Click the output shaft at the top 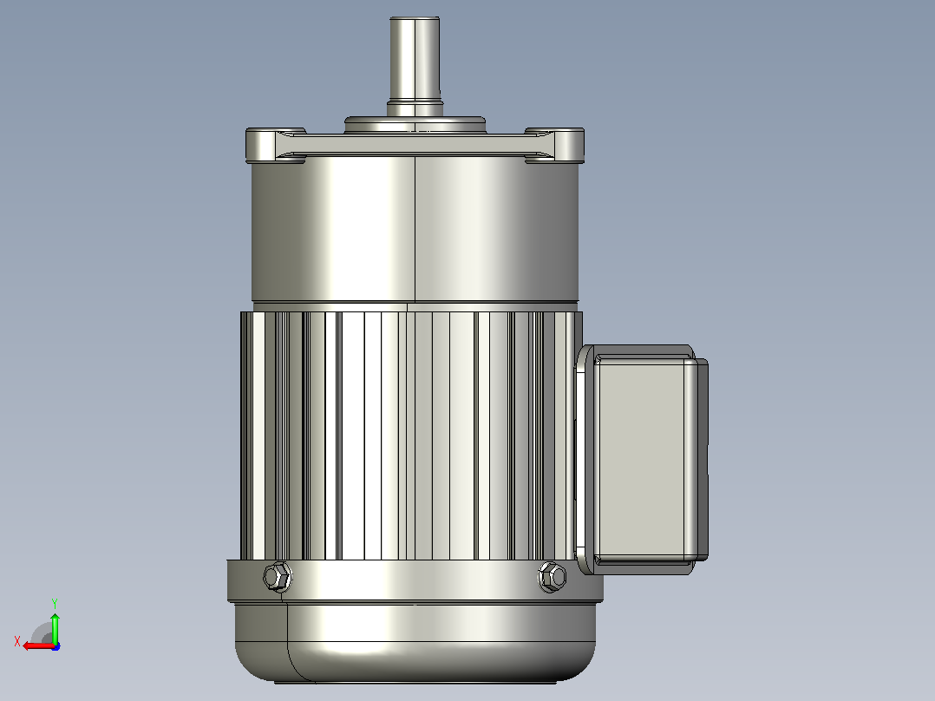tap(415, 60)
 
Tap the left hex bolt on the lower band tap(278, 577)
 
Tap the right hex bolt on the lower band tap(552, 577)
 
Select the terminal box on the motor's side tap(643, 460)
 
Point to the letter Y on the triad tap(55, 603)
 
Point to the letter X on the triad tap(17, 641)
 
